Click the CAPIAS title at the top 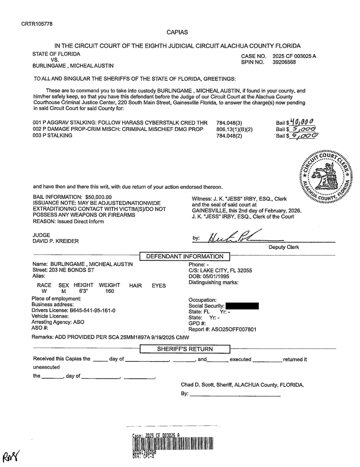click(x=177, y=32)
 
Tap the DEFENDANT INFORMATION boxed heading click(x=185, y=256)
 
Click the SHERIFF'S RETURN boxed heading click(x=185, y=349)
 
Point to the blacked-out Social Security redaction click(x=242, y=306)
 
